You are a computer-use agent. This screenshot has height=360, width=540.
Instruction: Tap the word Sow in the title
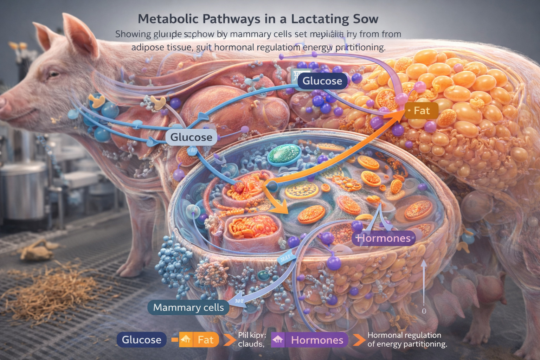pyautogui.click(x=366, y=19)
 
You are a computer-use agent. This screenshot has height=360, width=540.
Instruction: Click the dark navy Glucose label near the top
pyautogui.click(x=322, y=81)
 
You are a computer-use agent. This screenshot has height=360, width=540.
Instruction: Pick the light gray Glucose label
pyautogui.click(x=191, y=137)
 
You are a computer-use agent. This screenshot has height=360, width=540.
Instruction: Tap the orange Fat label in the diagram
pyautogui.click(x=422, y=111)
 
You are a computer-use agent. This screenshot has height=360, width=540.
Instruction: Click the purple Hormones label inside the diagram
pyautogui.click(x=384, y=238)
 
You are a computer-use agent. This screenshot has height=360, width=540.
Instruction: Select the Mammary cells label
pyautogui.click(x=188, y=308)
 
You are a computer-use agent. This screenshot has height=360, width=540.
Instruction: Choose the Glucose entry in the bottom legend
pyautogui.click(x=141, y=340)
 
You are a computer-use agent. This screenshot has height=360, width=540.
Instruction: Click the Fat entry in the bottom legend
pyautogui.click(x=205, y=340)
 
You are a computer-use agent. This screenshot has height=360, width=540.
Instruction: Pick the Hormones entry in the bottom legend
pyautogui.click(x=317, y=340)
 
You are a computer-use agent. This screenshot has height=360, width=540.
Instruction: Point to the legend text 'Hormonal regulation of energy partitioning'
pyautogui.click(x=407, y=340)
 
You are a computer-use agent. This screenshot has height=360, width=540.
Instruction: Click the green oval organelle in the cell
pyautogui.click(x=284, y=155)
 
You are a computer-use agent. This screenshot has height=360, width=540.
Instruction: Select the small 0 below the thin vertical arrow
pyautogui.click(x=424, y=311)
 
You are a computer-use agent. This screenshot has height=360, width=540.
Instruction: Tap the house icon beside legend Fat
pyautogui.click(x=186, y=340)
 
